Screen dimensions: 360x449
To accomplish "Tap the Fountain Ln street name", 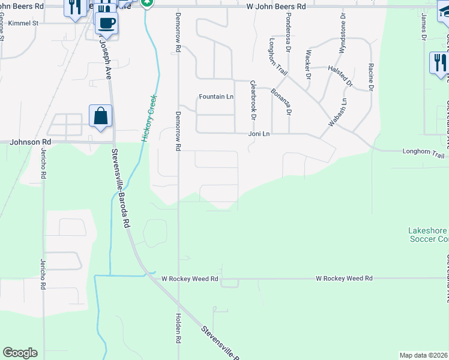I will (x=216, y=97).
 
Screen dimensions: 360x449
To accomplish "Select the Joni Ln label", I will (x=259, y=134).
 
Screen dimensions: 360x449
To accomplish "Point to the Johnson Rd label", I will (x=31, y=142).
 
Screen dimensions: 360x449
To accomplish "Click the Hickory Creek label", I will (x=149, y=118).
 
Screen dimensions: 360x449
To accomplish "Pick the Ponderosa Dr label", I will (x=288, y=35).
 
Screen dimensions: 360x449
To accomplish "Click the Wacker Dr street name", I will (x=308, y=65).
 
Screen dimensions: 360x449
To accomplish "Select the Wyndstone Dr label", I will (x=343, y=35).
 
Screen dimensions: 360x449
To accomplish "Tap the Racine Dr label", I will (x=371, y=77).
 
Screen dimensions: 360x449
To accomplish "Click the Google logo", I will (x=20, y=353).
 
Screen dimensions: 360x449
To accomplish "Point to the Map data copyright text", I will (x=424, y=355).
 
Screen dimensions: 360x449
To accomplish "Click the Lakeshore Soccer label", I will (x=428, y=235).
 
